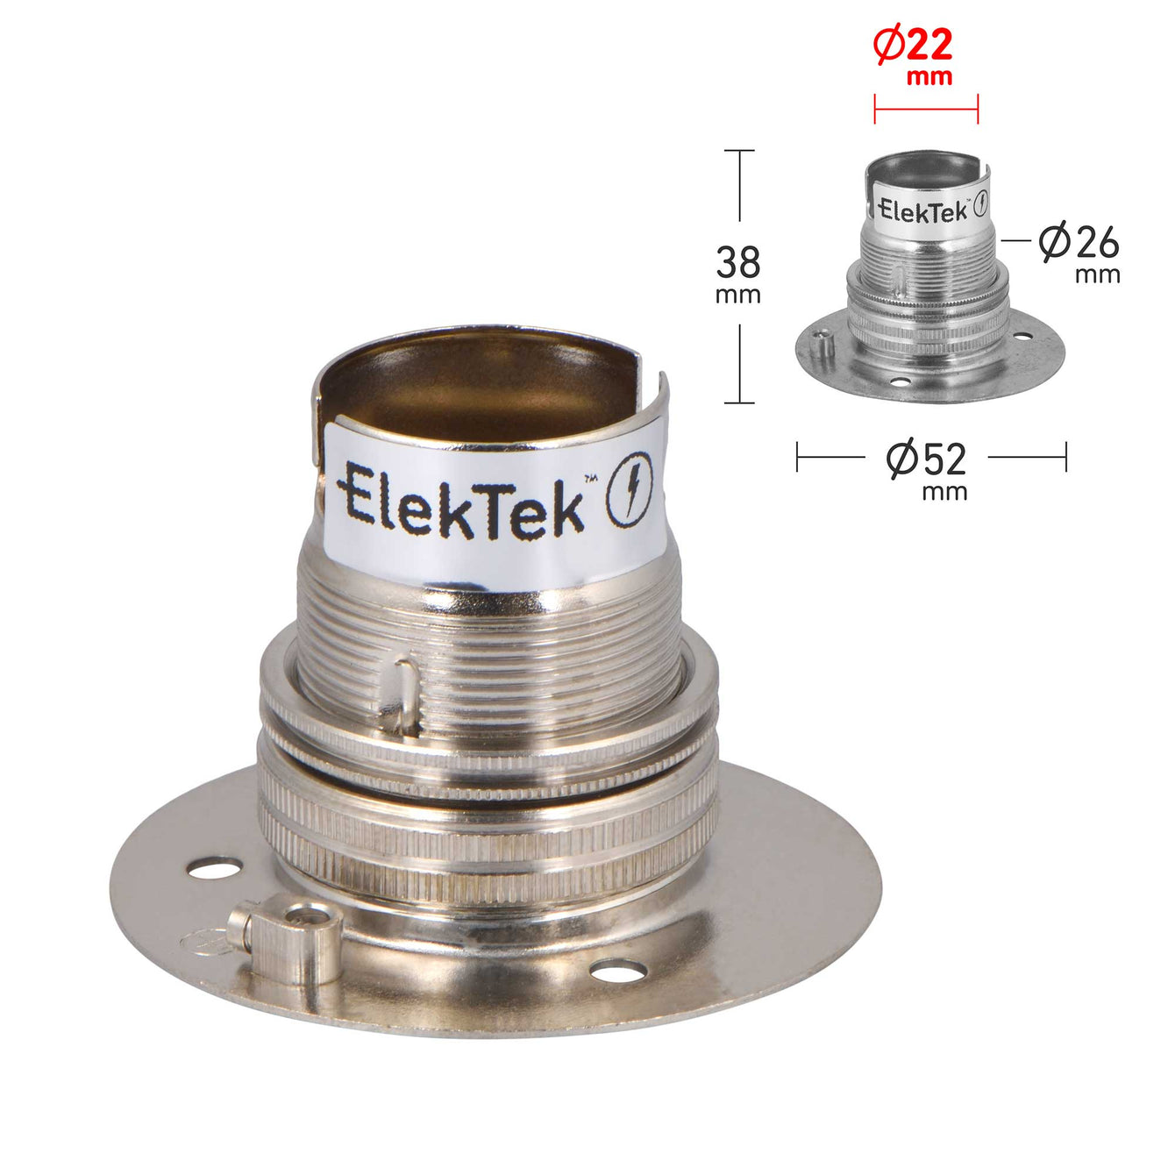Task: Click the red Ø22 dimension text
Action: click(x=912, y=46)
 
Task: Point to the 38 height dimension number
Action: click(x=737, y=262)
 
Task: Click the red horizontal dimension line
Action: click(x=926, y=110)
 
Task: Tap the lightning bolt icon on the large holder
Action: click(x=630, y=488)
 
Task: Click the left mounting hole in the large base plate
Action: click(x=215, y=868)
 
